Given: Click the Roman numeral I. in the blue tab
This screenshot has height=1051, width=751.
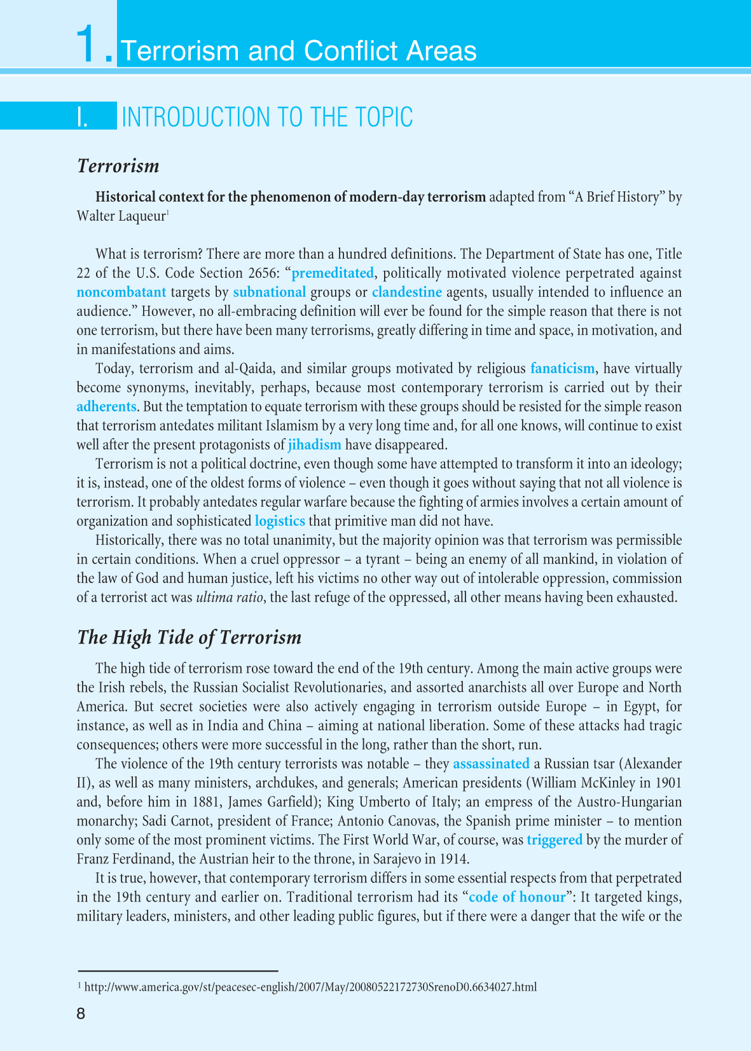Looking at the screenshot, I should point(83,118).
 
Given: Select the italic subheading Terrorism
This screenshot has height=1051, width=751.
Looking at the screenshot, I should point(118,166).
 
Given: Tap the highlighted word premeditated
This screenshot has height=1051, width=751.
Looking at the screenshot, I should point(333,273).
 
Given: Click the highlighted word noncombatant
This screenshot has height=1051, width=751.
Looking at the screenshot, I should point(121,292).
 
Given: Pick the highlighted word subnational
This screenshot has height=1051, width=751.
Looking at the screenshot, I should point(270,292).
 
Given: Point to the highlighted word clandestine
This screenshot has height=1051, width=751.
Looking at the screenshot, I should point(407,292).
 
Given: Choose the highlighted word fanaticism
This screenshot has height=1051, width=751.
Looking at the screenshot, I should point(563,369).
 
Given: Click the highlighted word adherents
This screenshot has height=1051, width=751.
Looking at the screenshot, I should point(107,407).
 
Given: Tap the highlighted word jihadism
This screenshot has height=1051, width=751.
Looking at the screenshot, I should point(315,445).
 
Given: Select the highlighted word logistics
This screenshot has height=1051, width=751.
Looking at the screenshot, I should point(280,521).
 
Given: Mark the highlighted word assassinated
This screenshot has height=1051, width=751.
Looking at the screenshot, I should point(491,764).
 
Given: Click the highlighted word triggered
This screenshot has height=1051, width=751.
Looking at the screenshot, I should point(555,840).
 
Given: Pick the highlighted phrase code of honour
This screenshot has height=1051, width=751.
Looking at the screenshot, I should point(517,897).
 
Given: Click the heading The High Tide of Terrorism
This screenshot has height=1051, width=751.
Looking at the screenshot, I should point(189,638).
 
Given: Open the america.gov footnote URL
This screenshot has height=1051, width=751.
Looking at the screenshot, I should point(310,987).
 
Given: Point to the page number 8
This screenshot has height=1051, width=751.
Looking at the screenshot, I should point(81,1013).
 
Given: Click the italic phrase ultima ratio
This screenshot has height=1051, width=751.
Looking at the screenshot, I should point(228,598).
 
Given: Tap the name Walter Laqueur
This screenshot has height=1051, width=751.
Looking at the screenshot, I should point(121,216).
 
